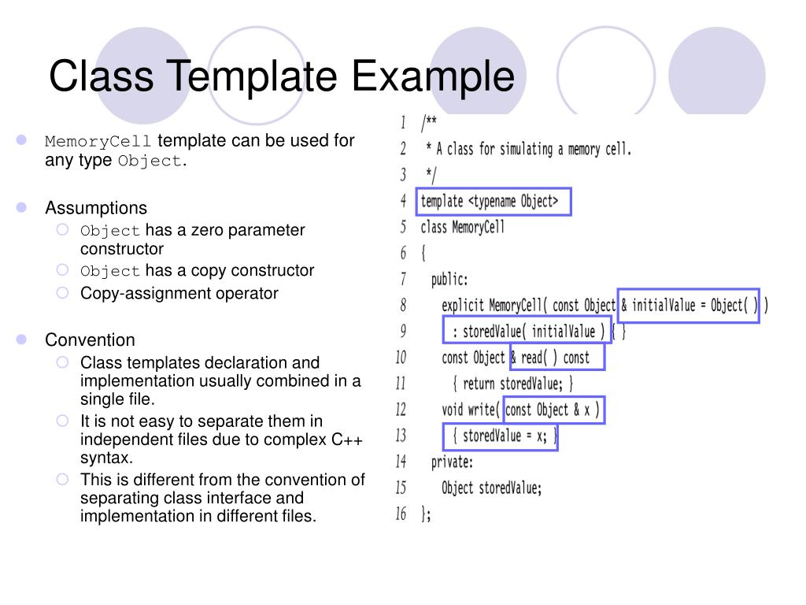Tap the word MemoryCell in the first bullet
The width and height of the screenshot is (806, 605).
(x=98, y=142)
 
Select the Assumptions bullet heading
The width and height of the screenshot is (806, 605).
(x=96, y=208)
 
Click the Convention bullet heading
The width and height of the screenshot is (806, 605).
(x=90, y=340)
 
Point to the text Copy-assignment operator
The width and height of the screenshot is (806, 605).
(x=179, y=294)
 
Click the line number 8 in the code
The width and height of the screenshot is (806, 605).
(x=403, y=305)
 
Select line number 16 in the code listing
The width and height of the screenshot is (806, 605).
(x=401, y=514)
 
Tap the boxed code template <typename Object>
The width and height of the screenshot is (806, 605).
(x=491, y=202)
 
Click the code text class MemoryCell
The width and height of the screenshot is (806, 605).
(x=463, y=228)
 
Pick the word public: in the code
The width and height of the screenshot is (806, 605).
(x=449, y=280)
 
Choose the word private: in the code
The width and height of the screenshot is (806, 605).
(x=452, y=462)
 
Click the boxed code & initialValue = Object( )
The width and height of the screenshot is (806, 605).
(x=689, y=306)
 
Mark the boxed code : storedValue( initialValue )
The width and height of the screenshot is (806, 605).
(x=527, y=332)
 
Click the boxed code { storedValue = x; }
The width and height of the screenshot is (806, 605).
(x=500, y=436)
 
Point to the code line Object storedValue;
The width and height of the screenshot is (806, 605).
(x=492, y=488)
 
